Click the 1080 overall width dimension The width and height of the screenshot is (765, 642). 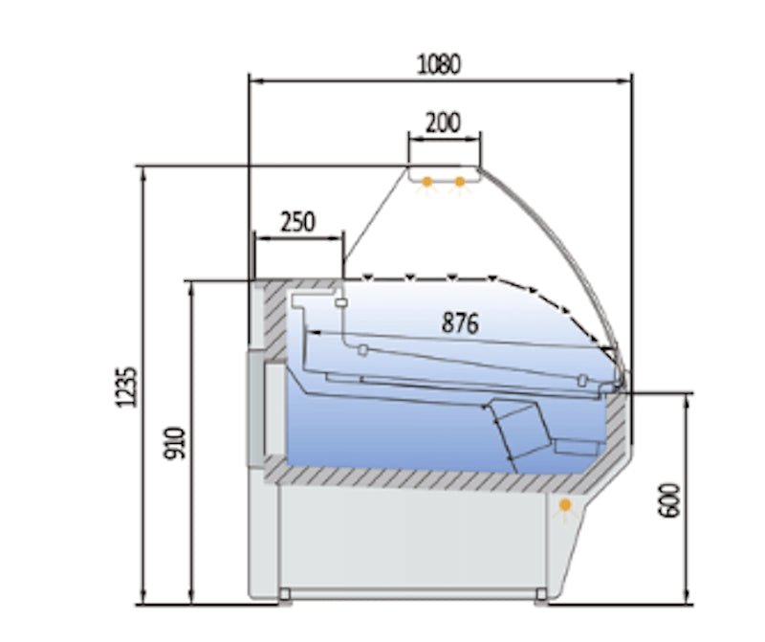(x=440, y=64)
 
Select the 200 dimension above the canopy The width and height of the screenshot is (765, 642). (x=443, y=122)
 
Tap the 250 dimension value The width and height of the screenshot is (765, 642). (x=297, y=221)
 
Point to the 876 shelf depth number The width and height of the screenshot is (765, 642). (x=459, y=322)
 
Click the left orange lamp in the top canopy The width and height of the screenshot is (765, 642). (x=427, y=180)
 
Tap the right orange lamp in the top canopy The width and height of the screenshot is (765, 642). (x=460, y=180)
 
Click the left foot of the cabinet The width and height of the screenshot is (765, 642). (x=284, y=597)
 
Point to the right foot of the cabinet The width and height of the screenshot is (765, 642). (x=541, y=597)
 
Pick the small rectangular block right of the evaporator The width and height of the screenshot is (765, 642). (x=576, y=447)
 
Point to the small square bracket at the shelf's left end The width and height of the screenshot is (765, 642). (x=363, y=349)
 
